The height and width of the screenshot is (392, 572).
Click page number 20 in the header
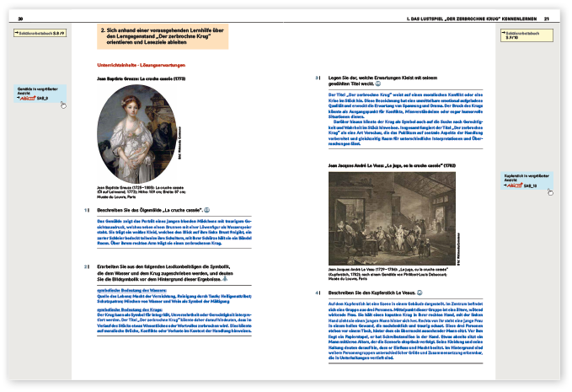(19, 17)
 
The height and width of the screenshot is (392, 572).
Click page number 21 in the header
(547, 17)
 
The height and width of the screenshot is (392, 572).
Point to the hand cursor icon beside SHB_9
(61, 104)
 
